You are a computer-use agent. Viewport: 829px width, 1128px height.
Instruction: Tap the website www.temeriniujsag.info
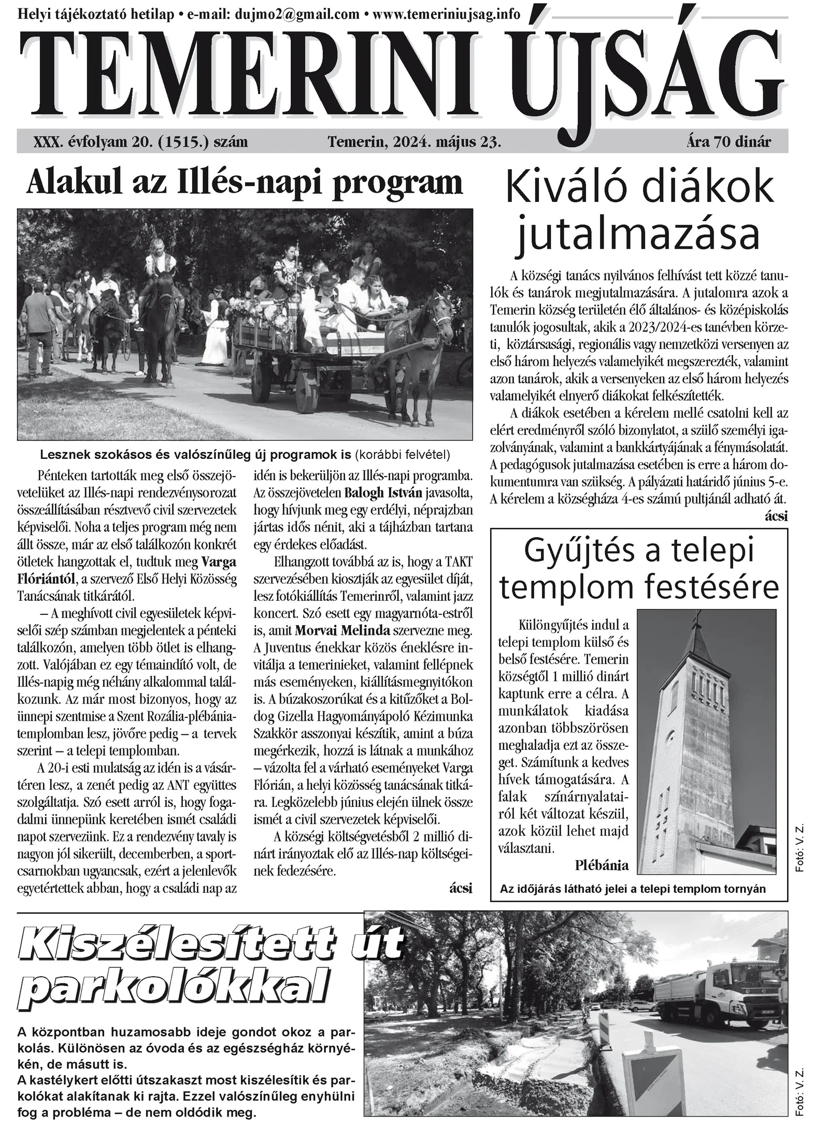point(446,14)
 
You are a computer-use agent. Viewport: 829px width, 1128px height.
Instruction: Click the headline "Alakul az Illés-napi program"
point(244,182)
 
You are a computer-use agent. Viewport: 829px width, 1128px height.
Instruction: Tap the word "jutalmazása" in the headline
point(638,235)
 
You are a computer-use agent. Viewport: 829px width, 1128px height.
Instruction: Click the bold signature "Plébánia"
point(602,865)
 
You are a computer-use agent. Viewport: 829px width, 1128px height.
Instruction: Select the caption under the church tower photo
point(633,889)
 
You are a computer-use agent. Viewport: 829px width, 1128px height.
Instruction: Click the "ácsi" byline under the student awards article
point(776,516)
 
